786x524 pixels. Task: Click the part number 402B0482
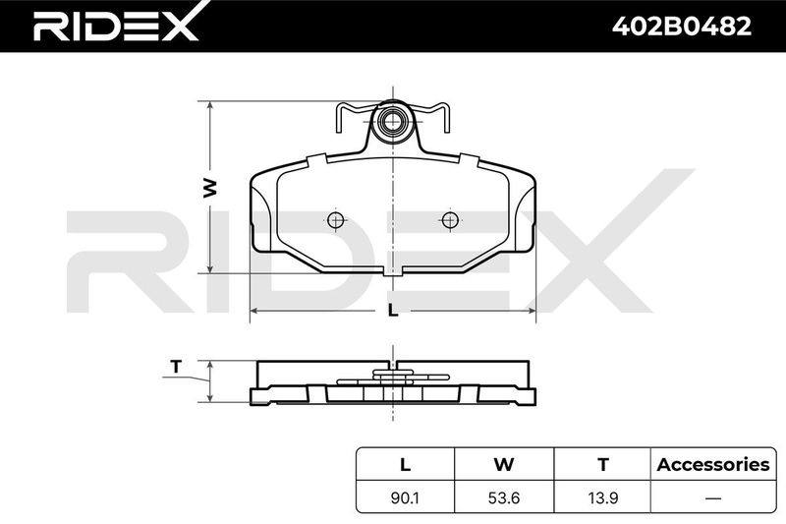tap(682, 27)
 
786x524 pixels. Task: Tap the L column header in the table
tap(405, 464)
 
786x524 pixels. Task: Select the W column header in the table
tap(504, 464)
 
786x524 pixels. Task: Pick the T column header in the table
tap(603, 464)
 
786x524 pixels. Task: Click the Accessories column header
tap(713, 464)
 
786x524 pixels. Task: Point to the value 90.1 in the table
tap(406, 497)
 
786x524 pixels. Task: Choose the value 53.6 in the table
tap(504, 497)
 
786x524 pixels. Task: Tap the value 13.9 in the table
tap(603, 497)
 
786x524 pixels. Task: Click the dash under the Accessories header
tap(713, 498)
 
